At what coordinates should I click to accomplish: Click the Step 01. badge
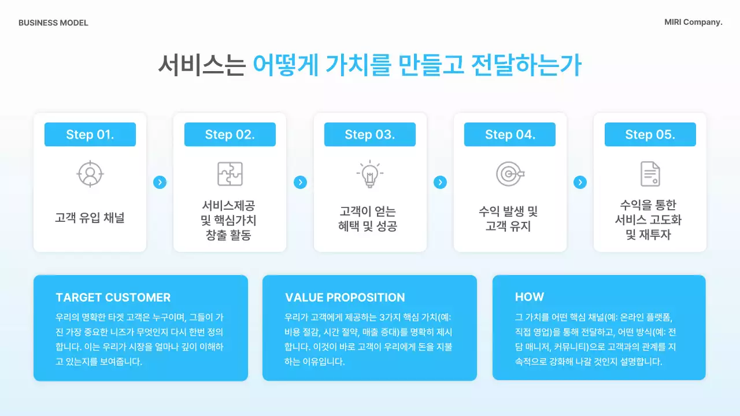click(x=90, y=135)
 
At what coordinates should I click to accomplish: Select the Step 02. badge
click(x=230, y=135)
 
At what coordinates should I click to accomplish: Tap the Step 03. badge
click(x=370, y=135)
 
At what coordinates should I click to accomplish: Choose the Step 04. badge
click(x=510, y=135)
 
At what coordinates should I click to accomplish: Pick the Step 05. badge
click(x=650, y=135)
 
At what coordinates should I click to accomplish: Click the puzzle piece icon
click(x=230, y=174)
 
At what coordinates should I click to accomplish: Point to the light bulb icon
click(x=370, y=174)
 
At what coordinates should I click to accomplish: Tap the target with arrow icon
click(x=510, y=174)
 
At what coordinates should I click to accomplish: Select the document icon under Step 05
click(x=650, y=174)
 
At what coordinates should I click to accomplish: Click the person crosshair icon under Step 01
click(x=90, y=174)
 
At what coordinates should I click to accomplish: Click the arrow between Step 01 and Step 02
click(x=160, y=183)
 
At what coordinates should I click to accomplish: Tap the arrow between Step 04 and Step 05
click(x=580, y=183)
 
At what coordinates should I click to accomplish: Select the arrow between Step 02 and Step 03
click(x=300, y=183)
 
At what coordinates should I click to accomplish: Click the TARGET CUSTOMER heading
click(x=113, y=298)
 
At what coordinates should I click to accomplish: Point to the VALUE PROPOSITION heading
click(x=345, y=298)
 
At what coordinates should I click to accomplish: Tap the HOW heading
click(x=530, y=297)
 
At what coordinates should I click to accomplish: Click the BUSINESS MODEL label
click(x=53, y=23)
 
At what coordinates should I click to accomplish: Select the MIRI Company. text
click(x=693, y=23)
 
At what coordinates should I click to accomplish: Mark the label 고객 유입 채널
click(x=90, y=218)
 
